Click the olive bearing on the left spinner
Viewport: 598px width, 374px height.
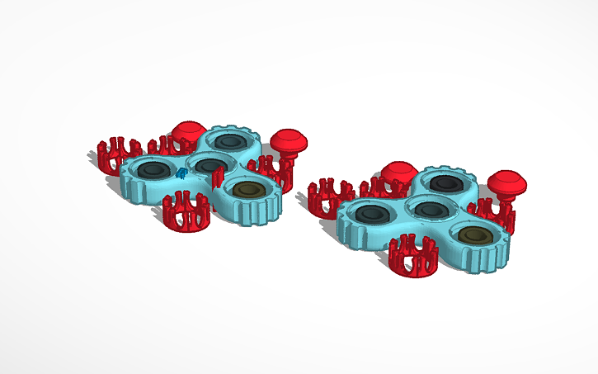coord(246,191)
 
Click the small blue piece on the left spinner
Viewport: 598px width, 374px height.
coord(181,173)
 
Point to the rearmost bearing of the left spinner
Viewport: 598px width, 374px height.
coord(228,141)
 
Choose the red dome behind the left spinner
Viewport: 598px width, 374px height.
coord(188,133)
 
